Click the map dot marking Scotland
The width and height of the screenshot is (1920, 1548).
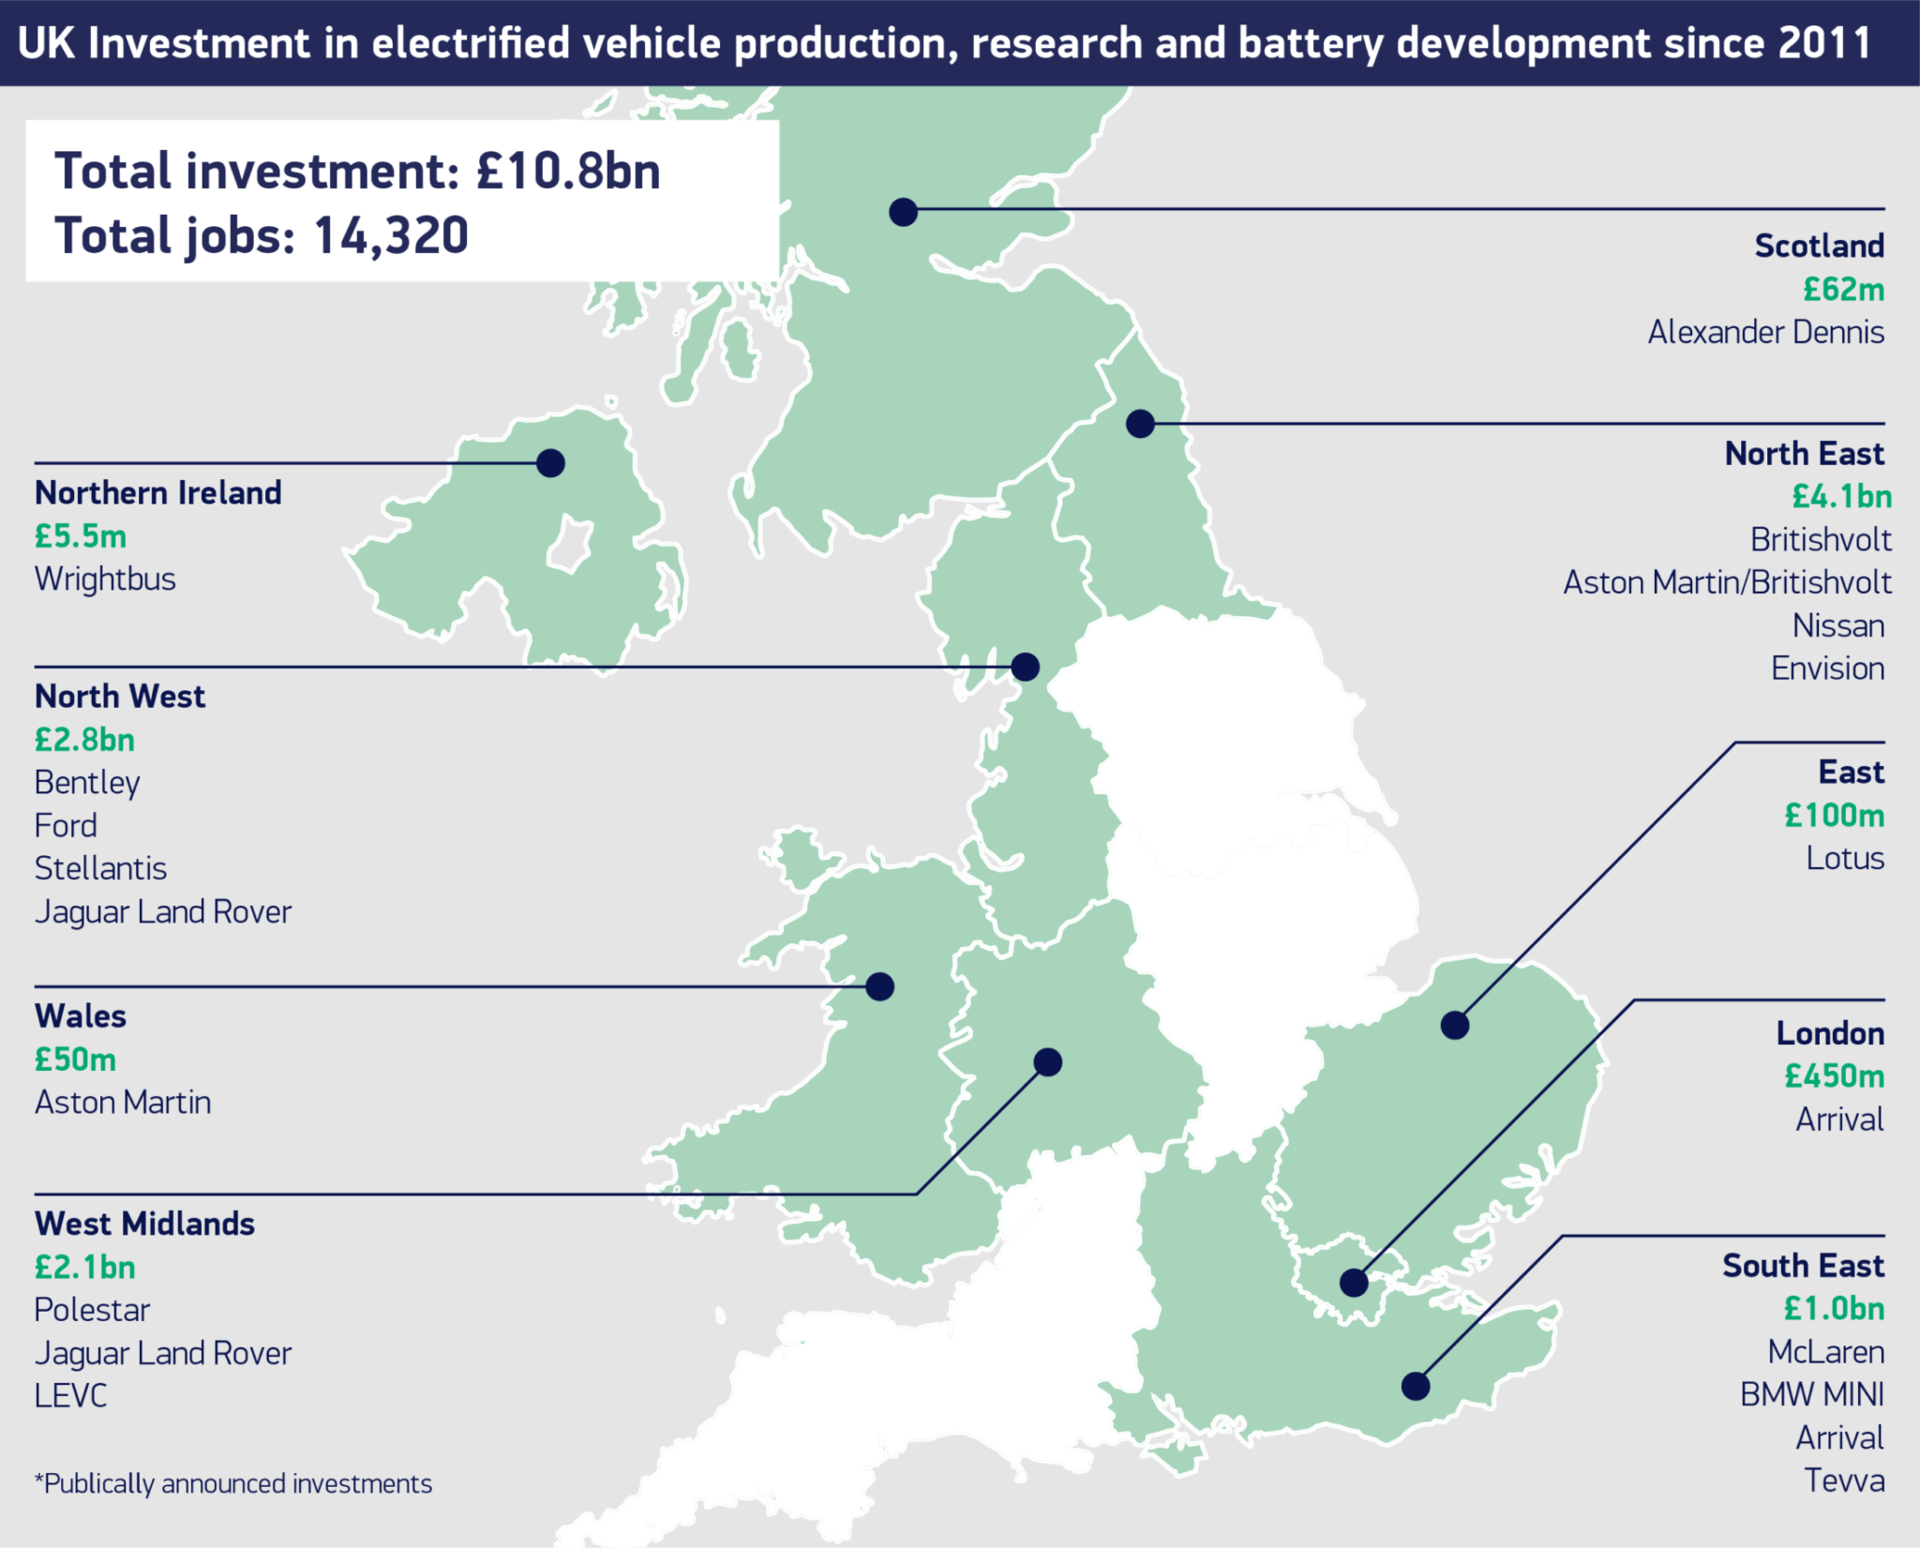coord(903,212)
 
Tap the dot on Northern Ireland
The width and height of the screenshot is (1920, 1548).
coord(550,462)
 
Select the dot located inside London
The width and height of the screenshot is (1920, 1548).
coord(1354,1282)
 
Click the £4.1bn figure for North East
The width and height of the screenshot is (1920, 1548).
coord(1841,496)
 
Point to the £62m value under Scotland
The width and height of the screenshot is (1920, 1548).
coord(1843,289)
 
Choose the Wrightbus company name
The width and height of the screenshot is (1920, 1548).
coord(105,579)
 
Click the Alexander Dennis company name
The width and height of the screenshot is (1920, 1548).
coord(1765,332)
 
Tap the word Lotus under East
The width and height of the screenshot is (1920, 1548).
coord(1844,858)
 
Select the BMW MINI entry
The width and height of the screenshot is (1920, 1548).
coord(1811,1394)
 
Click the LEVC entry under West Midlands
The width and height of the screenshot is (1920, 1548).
coord(70,1395)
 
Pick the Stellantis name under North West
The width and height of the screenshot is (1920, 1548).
coord(100,868)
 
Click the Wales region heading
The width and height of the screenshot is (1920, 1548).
coord(81,1016)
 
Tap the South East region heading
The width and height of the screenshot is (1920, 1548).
coord(1802,1266)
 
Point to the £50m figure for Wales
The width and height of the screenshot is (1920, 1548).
coord(75,1060)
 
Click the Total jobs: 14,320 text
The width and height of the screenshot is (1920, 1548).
coord(261,234)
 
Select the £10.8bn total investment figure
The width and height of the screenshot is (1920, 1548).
coord(568,171)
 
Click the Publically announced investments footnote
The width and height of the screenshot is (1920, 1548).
coord(233,1483)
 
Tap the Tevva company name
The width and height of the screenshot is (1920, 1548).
coord(1843,1480)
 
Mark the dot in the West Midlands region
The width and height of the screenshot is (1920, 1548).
coord(1047,1061)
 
